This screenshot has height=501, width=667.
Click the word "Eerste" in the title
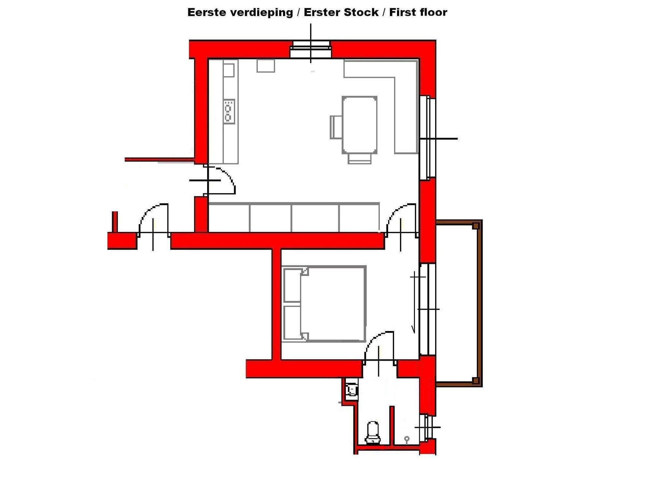click(207, 12)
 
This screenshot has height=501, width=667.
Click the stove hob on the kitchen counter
click(229, 111)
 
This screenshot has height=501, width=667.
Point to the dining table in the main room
click(360, 125)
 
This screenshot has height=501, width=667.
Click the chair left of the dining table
click(336, 127)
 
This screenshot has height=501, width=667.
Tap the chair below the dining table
click(360, 158)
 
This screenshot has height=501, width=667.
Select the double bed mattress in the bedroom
click(333, 304)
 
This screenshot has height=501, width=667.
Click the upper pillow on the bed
click(292, 285)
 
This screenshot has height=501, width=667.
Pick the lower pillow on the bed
click(292, 322)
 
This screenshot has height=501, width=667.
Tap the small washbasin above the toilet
click(352, 389)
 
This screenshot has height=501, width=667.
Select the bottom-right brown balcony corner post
click(476, 380)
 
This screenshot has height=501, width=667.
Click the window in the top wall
click(311, 50)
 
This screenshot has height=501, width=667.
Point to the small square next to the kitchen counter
click(266, 65)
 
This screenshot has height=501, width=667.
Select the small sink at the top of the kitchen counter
click(229, 70)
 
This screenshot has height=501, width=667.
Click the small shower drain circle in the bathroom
click(407, 438)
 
